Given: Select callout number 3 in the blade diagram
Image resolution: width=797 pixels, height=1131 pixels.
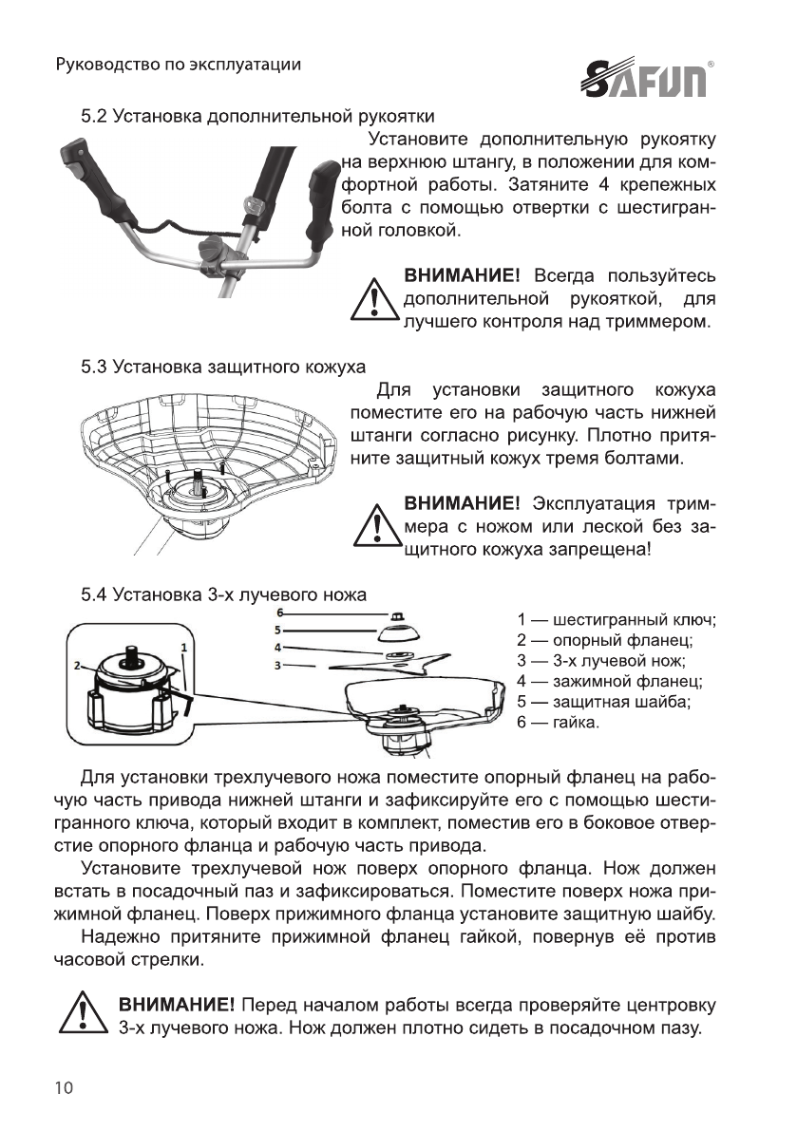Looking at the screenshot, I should point(277,666).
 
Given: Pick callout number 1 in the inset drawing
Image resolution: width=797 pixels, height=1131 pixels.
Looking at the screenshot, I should point(183,646).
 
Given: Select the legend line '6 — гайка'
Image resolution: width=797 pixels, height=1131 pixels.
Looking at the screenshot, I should point(558,723).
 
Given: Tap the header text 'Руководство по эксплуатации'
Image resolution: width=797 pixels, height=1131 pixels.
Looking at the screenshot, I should point(179,65).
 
